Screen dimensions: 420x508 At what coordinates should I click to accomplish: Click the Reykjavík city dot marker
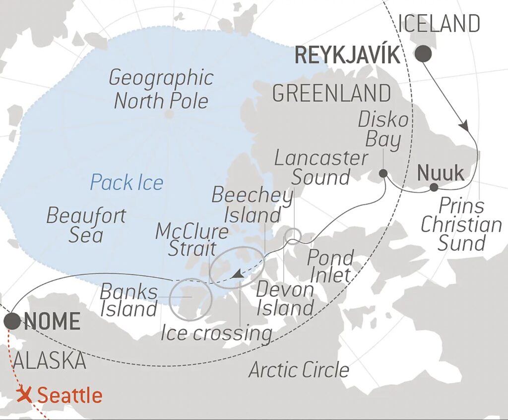click(x=423, y=54)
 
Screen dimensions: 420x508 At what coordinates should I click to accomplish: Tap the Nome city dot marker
click(x=12, y=321)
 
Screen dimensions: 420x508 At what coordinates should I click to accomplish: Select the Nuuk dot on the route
click(x=434, y=187)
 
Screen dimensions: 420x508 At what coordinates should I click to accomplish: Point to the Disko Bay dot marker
click(x=383, y=173)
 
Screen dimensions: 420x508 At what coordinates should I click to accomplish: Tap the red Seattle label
click(x=69, y=396)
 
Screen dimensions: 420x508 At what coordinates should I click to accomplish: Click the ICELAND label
click(x=439, y=24)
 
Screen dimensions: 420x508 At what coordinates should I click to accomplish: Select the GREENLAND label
click(x=332, y=93)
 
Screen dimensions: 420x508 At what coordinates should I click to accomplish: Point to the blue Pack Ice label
click(x=127, y=183)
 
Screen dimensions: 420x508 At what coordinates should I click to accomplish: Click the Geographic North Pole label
click(x=161, y=89)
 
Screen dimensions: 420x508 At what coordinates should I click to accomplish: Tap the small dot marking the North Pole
click(x=169, y=114)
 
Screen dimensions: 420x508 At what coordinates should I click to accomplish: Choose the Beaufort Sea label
click(x=86, y=225)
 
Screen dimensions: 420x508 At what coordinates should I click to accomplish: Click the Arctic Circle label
click(x=299, y=369)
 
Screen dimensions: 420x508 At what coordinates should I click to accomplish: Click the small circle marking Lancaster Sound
click(x=294, y=235)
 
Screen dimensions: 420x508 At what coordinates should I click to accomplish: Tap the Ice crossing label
click(x=216, y=333)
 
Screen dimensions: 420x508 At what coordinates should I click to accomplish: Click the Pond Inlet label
click(x=330, y=266)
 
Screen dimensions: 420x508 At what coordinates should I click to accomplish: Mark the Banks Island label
click(x=129, y=301)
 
